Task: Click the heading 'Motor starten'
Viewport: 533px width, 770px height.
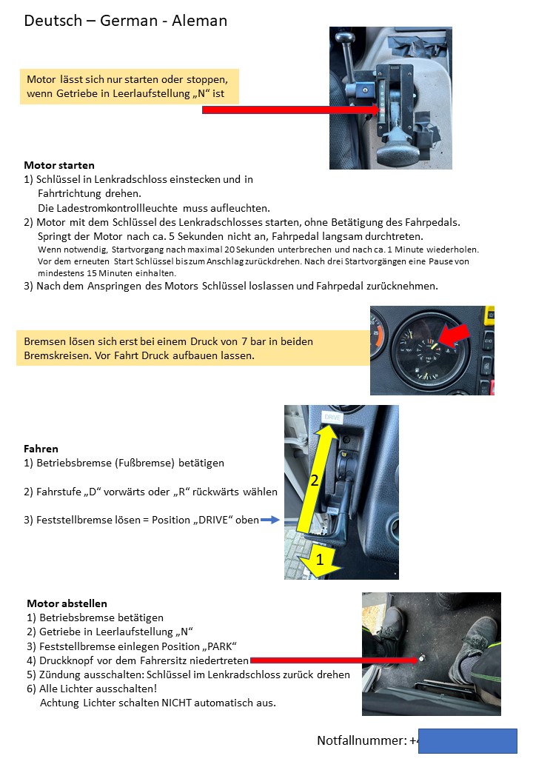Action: point(59,165)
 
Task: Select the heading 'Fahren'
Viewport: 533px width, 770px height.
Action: point(41,449)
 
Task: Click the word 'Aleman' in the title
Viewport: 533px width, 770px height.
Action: point(199,21)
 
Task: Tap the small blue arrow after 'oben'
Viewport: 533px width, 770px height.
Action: point(270,520)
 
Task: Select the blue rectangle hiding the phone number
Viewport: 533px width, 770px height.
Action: point(467,740)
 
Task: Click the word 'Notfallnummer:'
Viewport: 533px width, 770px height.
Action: point(362,740)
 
